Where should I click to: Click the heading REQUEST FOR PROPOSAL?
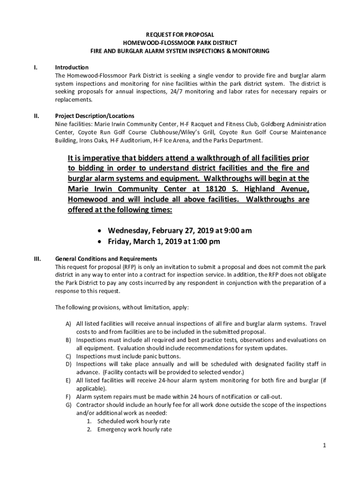point(180,35)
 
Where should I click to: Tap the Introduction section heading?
point(72,67)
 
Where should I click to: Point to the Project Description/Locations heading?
point(94,116)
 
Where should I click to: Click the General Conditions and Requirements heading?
point(106,259)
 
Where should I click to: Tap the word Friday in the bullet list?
point(121,242)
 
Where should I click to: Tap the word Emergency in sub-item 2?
point(110,429)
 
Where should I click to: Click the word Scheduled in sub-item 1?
point(110,421)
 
